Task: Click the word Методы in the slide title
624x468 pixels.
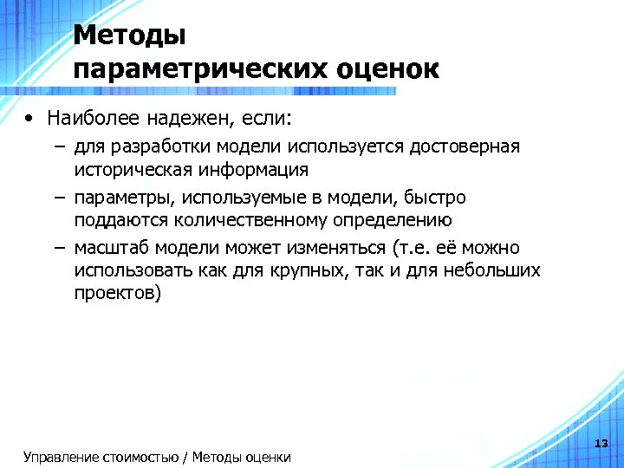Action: pos(130,36)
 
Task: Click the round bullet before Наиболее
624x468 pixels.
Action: pos(30,117)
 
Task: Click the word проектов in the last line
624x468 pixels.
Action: pos(114,294)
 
